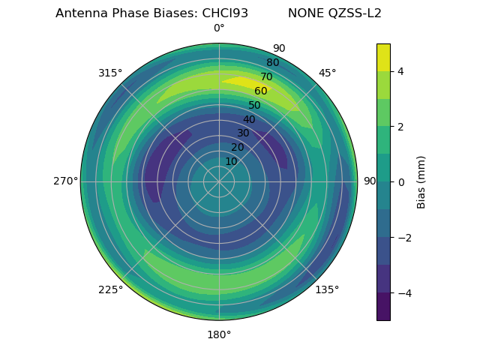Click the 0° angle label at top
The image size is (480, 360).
(219, 28)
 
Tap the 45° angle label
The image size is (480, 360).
(327, 73)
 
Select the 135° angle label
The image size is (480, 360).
(327, 289)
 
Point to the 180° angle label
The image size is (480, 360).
(219, 334)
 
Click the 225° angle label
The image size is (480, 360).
(110, 289)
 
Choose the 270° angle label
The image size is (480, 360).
(65, 181)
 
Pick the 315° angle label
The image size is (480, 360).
(110, 73)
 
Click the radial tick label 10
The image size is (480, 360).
(231, 161)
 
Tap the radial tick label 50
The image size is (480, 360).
(255, 106)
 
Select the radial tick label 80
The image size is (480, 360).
(272, 63)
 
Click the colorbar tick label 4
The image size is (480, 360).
(401, 71)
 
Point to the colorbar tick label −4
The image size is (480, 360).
(403, 292)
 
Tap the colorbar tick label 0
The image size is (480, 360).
(401, 181)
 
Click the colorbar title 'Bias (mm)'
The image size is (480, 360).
(421, 181)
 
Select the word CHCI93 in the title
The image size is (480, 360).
(225, 13)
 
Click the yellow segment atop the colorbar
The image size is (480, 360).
(383, 57)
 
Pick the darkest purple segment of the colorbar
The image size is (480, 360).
(383, 307)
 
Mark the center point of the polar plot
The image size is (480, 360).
(219, 181)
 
